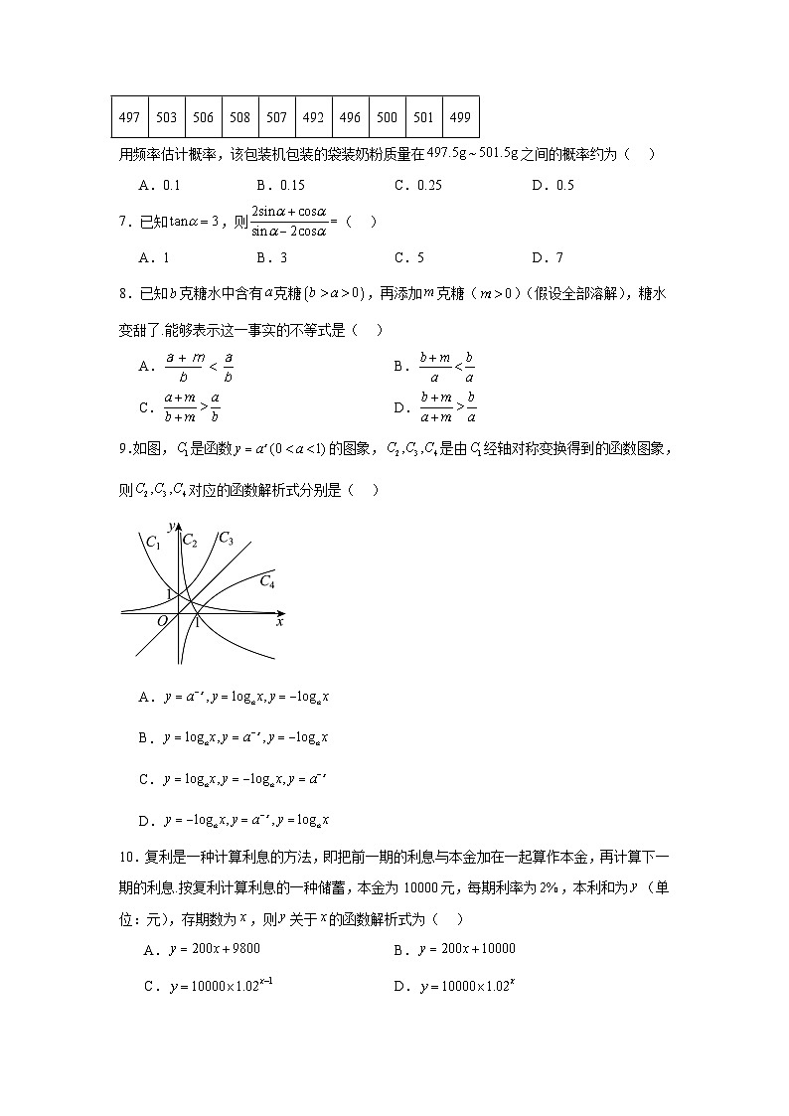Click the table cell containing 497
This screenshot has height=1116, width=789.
click(129, 117)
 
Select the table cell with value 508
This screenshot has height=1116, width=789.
click(239, 117)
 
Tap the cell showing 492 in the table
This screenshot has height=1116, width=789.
click(313, 117)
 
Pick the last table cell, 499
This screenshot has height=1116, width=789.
click(460, 117)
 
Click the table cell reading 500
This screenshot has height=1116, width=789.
click(387, 117)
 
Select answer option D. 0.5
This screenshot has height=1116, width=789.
click(552, 185)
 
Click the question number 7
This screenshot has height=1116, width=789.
click(124, 222)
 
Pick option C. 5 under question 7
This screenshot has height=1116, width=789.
click(408, 257)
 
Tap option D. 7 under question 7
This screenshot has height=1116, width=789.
click(547, 257)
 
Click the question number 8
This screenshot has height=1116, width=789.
click(124, 293)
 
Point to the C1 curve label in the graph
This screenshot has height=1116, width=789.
click(153, 542)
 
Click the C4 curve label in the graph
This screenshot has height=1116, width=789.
click(267, 581)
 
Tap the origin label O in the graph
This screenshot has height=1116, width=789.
click(162, 622)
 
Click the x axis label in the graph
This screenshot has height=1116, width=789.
click(280, 622)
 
